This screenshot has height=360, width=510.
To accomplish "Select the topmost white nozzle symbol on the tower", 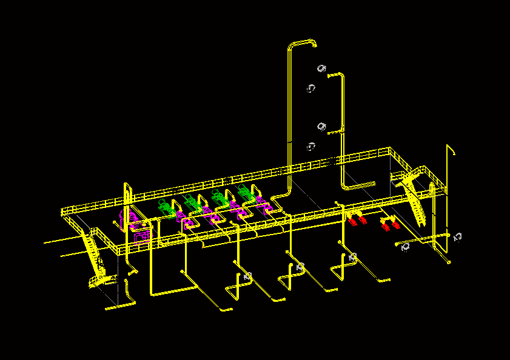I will [x=321, y=68].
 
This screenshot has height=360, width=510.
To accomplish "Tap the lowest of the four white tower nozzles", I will [x=311, y=147].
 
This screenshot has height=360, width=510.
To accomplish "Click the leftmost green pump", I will [x=166, y=207].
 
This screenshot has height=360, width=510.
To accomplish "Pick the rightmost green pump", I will [x=246, y=193].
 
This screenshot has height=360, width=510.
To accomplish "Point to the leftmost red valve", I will [x=352, y=221].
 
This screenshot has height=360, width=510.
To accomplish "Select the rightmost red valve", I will [x=395, y=225].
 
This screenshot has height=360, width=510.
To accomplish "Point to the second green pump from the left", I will [x=192, y=202].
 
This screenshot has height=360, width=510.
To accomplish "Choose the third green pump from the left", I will [x=219, y=198].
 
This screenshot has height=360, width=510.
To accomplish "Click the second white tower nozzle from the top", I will [x=311, y=88].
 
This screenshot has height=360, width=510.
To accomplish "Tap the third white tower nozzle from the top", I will [x=322, y=126].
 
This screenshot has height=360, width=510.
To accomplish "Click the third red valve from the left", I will [x=385, y=227].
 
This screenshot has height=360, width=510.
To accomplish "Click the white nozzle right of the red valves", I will [x=405, y=247].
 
